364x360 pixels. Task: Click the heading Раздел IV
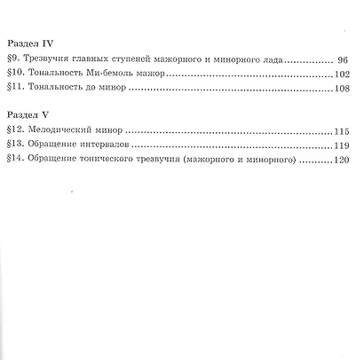pos(28,43)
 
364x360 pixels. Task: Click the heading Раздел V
pos(26,114)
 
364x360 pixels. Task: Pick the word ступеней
pos(135,59)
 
